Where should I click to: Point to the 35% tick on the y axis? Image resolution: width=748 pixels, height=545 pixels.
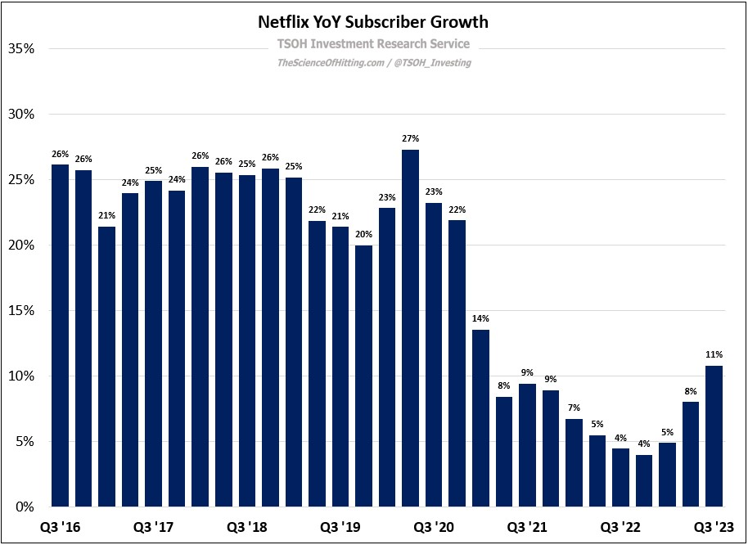pos(20,49)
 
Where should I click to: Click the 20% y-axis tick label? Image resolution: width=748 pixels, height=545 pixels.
pos(20,245)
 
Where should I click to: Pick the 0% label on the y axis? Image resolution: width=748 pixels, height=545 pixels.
pos(23,507)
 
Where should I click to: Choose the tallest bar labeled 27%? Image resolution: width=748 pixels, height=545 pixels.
pos(410,327)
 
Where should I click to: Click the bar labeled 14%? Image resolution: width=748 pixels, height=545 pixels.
pos(480,417)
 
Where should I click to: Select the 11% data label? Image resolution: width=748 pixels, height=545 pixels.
pos(714,354)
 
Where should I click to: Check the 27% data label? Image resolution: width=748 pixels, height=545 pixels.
pos(410,138)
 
